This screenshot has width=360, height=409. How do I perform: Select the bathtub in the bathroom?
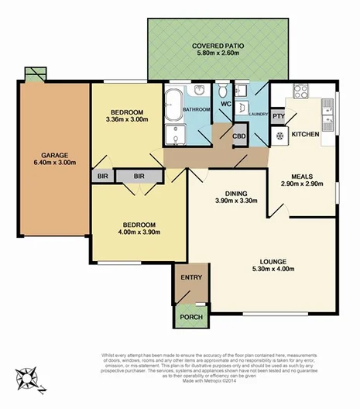click(x=173, y=101)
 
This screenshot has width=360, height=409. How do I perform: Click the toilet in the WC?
click(x=221, y=88)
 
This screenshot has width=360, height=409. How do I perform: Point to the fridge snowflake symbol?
click(x=279, y=136)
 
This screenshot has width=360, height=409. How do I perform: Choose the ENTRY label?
click(x=190, y=277)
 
